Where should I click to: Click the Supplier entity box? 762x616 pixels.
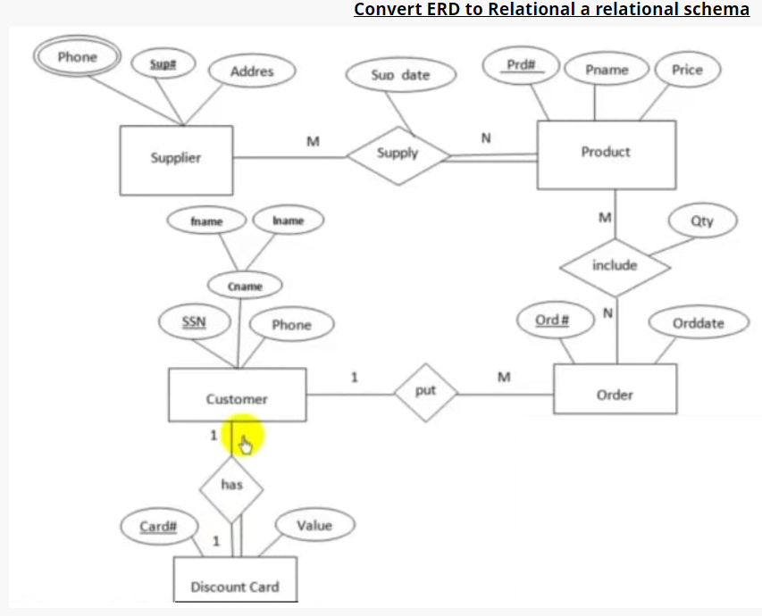176,159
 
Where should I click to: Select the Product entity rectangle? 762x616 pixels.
606,154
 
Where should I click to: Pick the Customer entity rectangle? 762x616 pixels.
237,395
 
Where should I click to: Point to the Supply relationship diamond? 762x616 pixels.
398,154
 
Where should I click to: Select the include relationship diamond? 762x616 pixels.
615,266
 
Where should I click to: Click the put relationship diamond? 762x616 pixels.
426,391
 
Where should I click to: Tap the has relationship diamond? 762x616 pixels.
231,486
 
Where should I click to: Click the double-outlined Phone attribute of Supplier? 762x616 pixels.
77,58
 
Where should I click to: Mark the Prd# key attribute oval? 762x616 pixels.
520,65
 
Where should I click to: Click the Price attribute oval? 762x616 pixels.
687,70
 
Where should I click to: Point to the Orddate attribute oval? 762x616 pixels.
699,323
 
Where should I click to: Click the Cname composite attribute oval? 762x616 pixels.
245,287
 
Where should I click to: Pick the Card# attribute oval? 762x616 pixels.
158,527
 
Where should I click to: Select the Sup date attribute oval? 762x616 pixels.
401,75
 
